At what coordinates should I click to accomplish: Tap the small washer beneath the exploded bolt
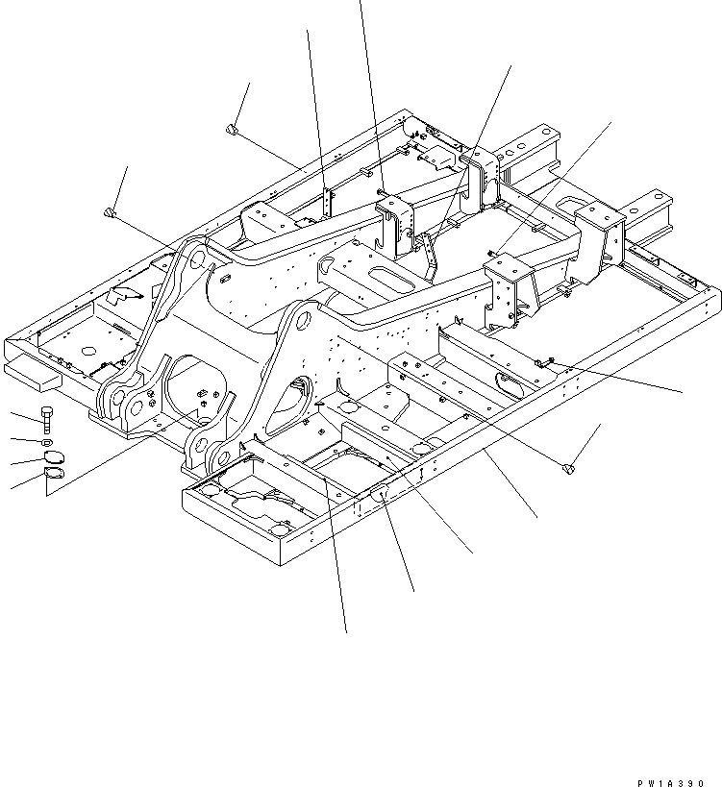click(48, 442)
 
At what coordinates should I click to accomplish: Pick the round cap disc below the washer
click(52, 456)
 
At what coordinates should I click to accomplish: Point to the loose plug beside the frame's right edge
click(568, 468)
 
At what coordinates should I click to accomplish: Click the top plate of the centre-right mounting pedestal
click(506, 264)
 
